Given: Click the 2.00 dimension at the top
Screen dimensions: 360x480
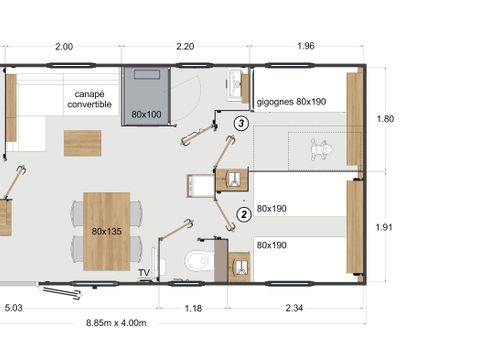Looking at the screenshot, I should (63, 46).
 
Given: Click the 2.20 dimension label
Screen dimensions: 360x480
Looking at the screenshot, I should (186, 46).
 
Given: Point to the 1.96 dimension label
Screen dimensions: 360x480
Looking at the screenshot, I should (307, 46).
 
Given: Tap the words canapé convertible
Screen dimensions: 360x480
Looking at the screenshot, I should (89, 97).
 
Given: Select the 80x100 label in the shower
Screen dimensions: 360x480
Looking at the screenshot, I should (146, 115).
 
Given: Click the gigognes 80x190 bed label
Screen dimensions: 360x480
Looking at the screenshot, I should (291, 102).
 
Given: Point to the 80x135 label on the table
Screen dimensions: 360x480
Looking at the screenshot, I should (106, 231).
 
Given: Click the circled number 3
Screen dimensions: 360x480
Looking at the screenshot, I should (241, 123).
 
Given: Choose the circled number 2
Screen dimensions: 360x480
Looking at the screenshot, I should (243, 213).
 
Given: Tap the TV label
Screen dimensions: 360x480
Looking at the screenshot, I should (144, 272).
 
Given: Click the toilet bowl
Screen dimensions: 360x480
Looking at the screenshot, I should (198, 262).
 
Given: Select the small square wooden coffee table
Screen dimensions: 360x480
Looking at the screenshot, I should (82, 143).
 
